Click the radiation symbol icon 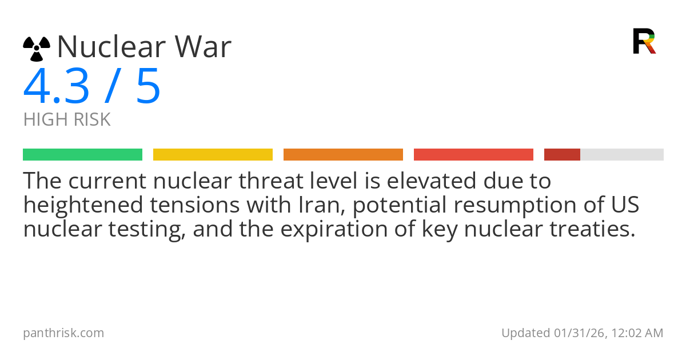tap(37, 48)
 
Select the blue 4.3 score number tap(56, 87)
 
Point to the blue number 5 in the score tap(148, 87)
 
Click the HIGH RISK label tap(67, 120)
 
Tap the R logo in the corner tap(644, 41)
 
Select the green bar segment tap(82, 155)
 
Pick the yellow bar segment tap(213, 155)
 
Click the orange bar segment tap(343, 155)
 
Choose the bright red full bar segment tap(473, 155)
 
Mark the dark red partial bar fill tap(562, 155)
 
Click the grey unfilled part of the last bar tap(622, 155)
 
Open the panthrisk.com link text tap(63, 333)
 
